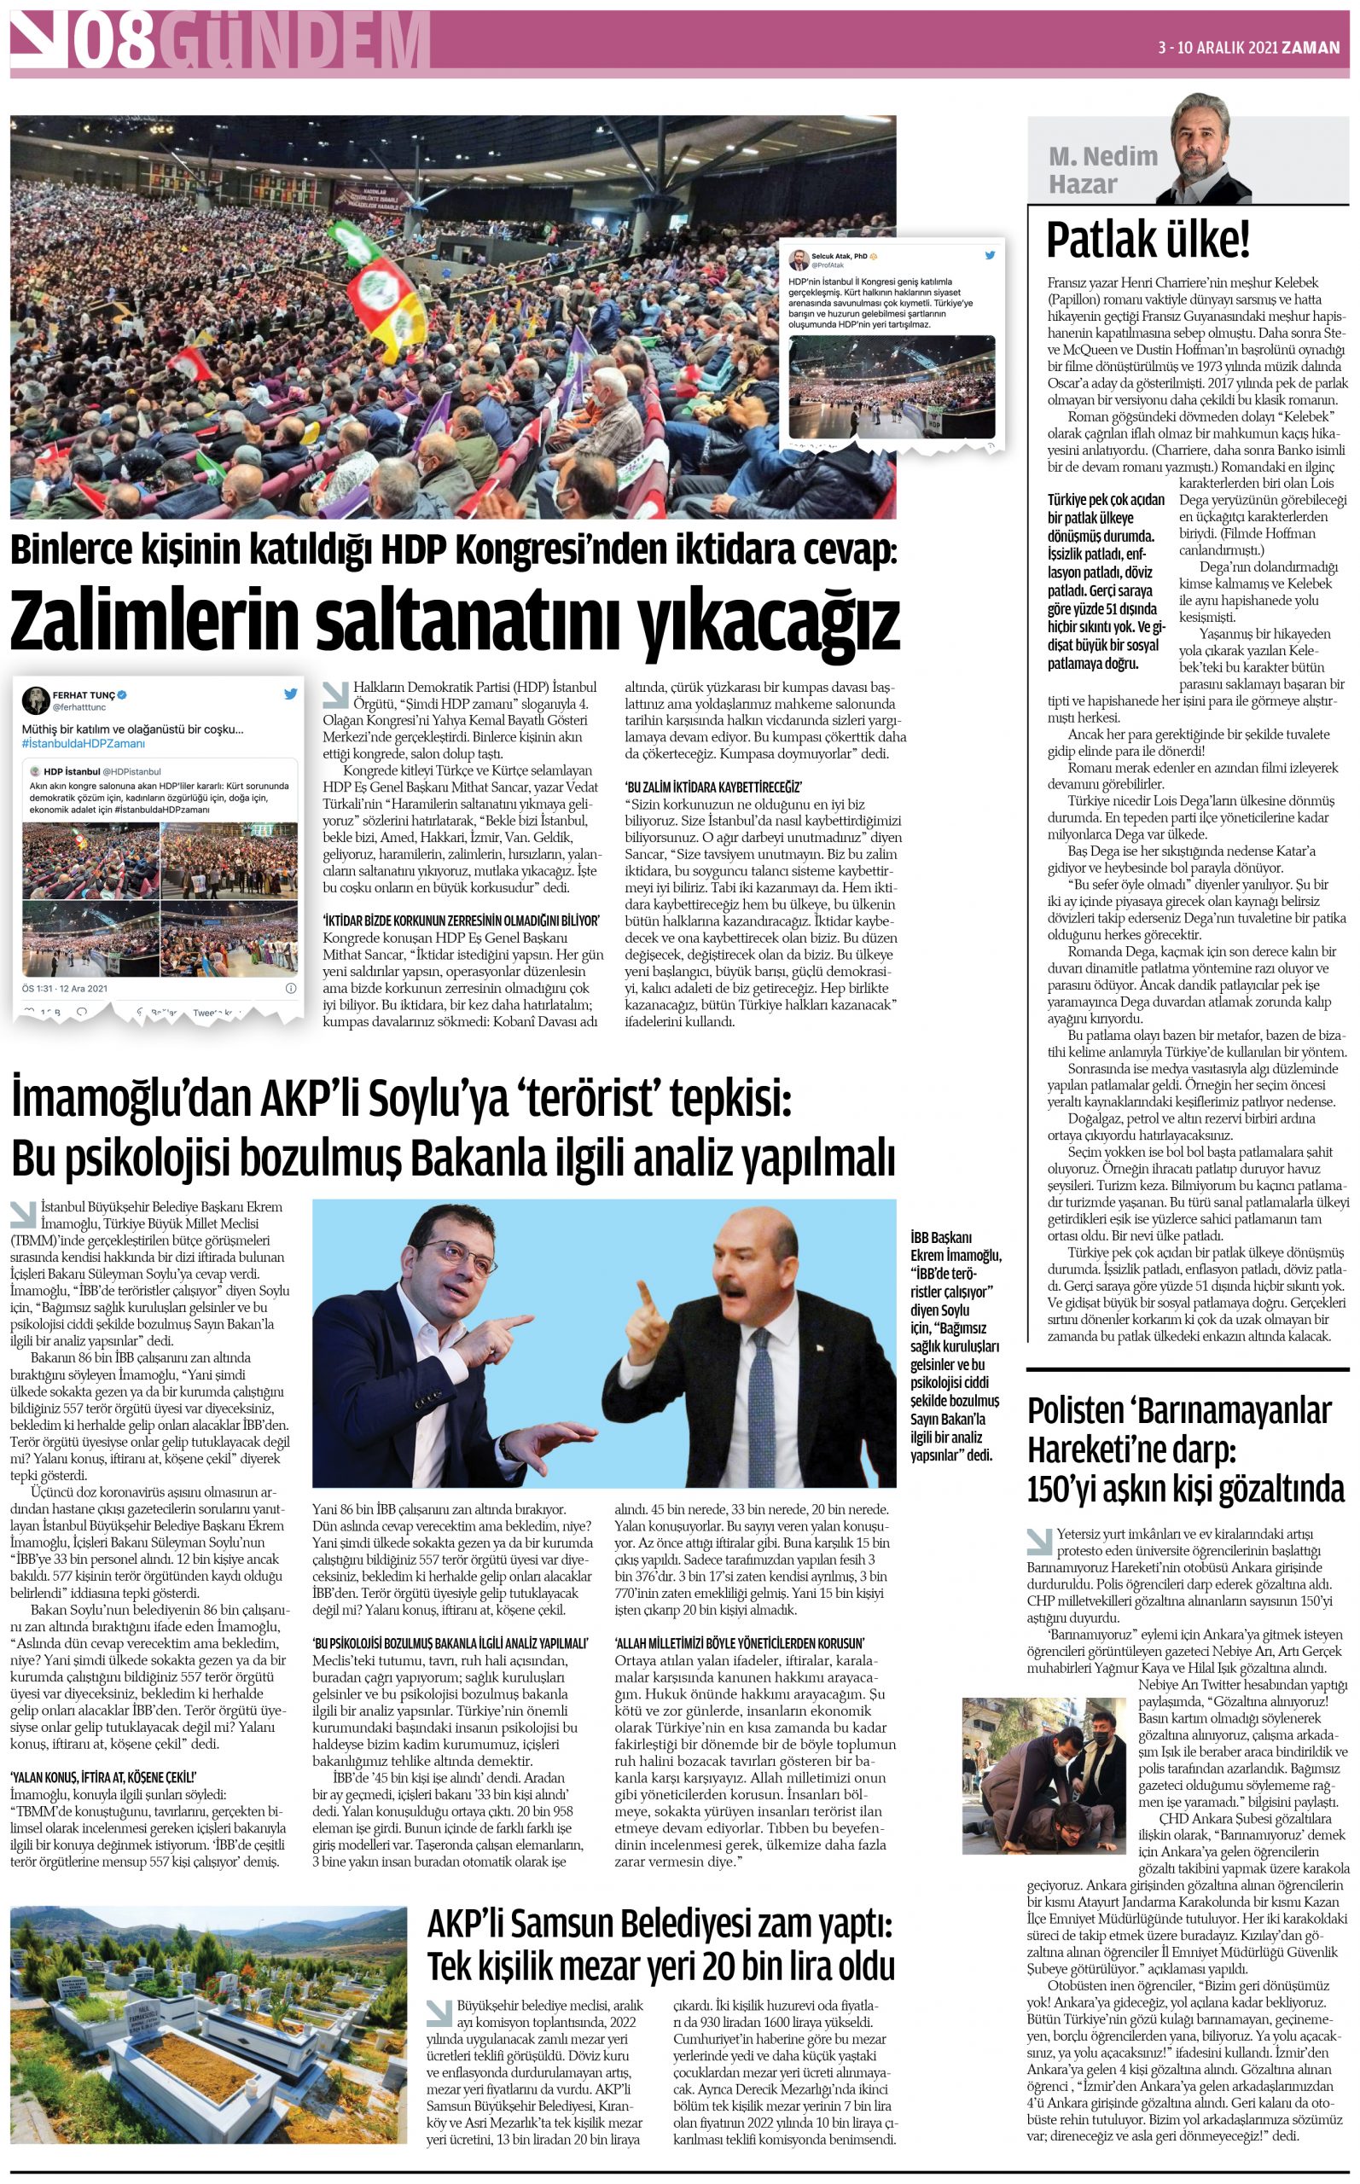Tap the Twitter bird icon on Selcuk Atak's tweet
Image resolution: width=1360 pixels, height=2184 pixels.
[991, 255]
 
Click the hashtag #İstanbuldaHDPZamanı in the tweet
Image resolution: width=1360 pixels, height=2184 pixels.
[84, 744]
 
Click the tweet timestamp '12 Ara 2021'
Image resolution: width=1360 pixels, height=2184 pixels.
[84, 988]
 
